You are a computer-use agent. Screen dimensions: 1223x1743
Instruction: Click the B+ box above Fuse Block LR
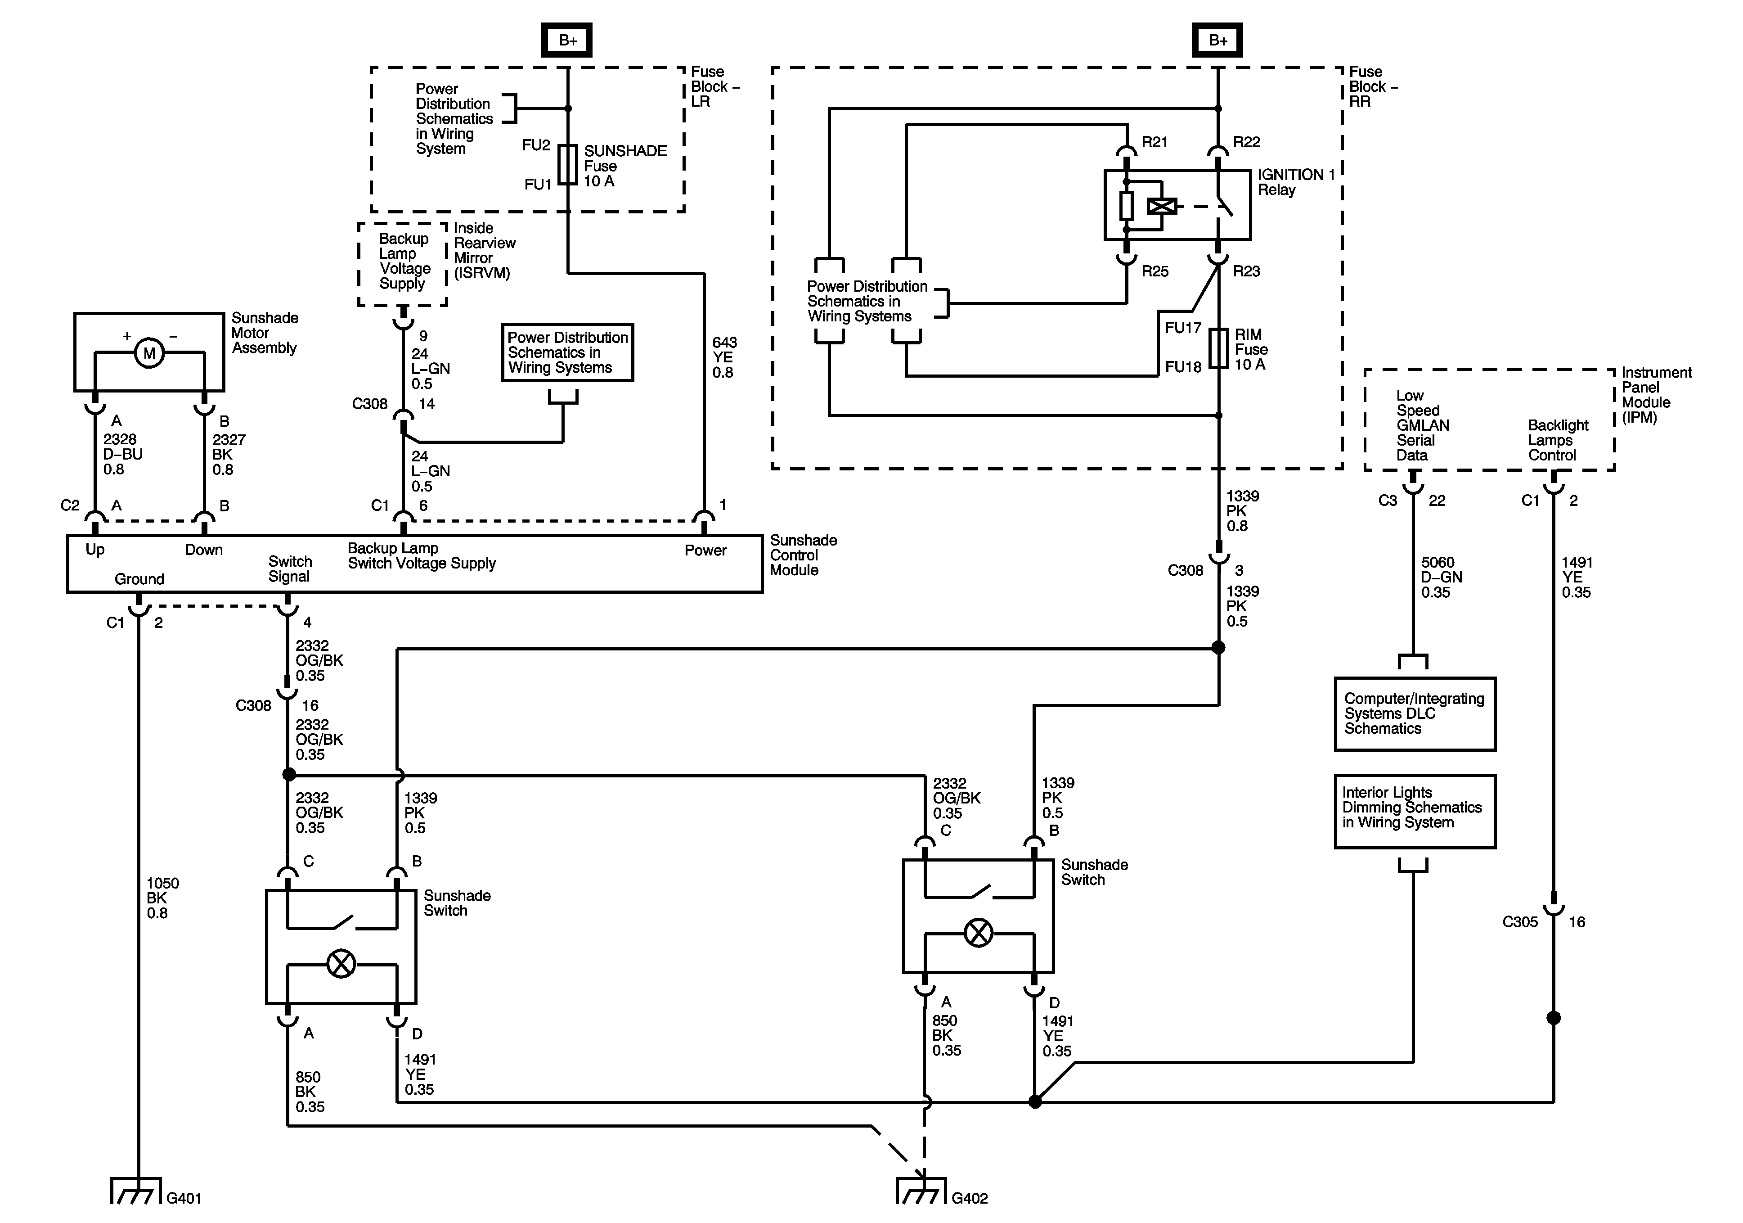(566, 40)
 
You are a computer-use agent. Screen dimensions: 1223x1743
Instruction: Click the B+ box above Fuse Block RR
(1217, 40)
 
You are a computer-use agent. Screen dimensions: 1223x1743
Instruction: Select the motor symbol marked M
(149, 353)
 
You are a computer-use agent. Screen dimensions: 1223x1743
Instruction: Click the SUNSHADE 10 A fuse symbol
(568, 165)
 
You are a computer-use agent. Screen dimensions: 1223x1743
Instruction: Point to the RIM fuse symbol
(1218, 349)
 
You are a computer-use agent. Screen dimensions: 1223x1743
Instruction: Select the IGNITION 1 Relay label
(1295, 182)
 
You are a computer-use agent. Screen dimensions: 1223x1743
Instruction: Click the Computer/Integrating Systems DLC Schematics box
(1414, 714)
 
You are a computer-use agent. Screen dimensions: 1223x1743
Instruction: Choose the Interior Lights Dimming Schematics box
(1414, 811)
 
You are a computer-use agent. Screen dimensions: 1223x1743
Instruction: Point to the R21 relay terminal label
(1155, 142)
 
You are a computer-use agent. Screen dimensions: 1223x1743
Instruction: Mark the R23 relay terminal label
(1246, 271)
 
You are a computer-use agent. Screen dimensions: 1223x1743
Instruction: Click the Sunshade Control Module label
(803, 555)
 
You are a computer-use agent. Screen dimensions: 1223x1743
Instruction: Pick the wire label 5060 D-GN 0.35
(1441, 578)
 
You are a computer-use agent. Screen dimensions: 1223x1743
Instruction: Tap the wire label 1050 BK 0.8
(162, 898)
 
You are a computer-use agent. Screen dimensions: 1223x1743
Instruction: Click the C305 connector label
(1520, 922)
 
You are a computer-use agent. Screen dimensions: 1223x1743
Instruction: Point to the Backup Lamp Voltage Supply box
(403, 262)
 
